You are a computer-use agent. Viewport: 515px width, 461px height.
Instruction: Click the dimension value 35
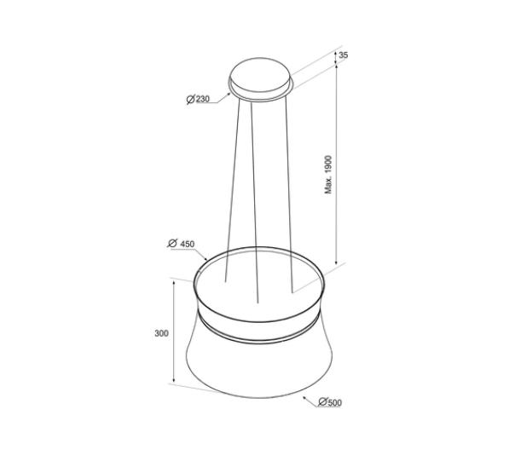click(x=343, y=55)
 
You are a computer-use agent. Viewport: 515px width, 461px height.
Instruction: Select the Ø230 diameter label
click(x=197, y=100)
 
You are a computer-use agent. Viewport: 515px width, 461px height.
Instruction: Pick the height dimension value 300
click(x=161, y=332)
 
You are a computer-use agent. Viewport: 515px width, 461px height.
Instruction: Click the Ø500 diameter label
click(x=328, y=403)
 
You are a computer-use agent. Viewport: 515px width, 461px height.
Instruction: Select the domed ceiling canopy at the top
click(x=260, y=75)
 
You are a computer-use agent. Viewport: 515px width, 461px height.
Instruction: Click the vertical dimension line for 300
click(x=175, y=332)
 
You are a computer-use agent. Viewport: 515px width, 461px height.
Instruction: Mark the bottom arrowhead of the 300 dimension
click(x=175, y=381)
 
